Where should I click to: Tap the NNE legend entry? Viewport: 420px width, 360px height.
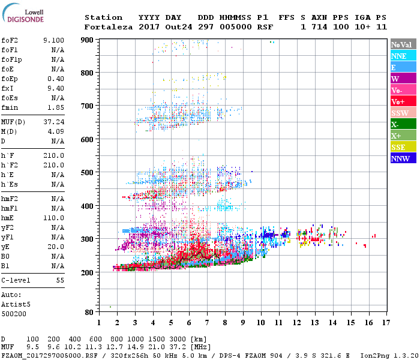[399, 56]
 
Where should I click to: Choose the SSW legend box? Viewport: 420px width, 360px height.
[400, 113]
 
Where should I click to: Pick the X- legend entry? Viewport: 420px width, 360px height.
[395, 124]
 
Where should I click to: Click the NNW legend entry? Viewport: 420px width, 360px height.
[400, 158]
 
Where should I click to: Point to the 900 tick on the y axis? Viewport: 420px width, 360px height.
[88, 40]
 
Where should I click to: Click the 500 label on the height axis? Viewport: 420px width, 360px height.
[88, 173]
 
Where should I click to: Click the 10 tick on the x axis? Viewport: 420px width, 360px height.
[261, 323]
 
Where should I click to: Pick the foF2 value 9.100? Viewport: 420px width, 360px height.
[54, 40]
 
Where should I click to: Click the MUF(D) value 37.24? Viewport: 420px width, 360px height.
[54, 122]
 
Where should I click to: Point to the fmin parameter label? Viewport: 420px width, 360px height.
[10, 107]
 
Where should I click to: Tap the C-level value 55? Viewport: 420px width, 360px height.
[60, 280]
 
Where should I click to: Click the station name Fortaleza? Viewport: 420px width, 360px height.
[104, 27]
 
